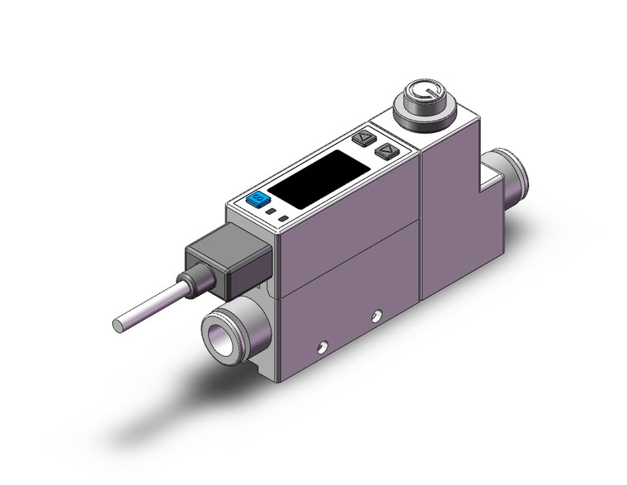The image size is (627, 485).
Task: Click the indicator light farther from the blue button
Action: pyautogui.click(x=284, y=219)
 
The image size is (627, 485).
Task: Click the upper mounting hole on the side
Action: pyautogui.click(x=377, y=314)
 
